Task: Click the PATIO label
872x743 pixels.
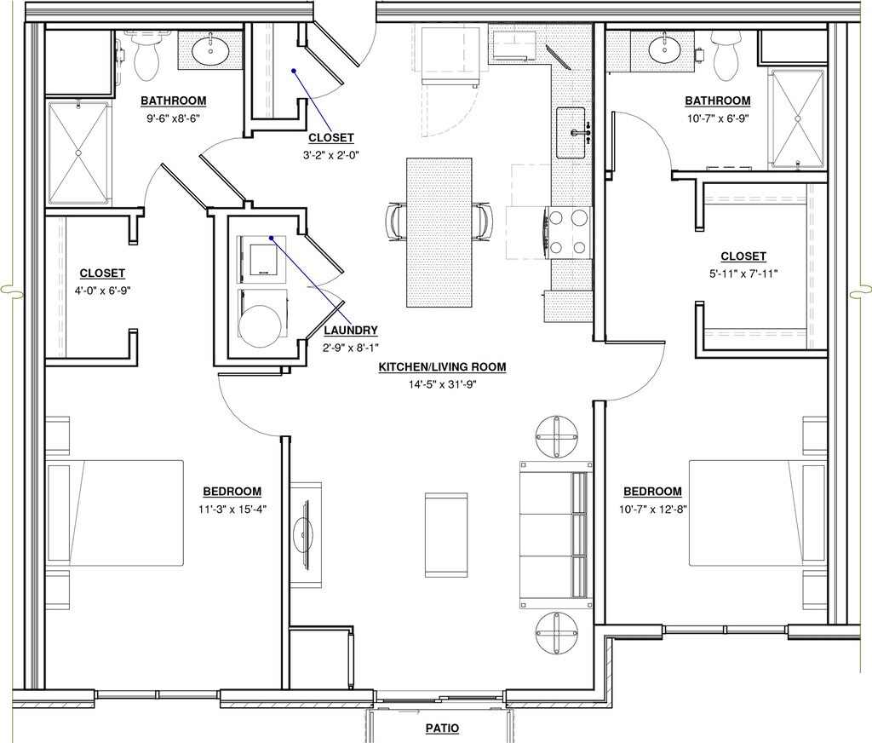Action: tap(442, 728)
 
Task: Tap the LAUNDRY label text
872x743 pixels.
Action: tap(351, 331)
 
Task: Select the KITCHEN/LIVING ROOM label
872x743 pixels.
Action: tap(442, 366)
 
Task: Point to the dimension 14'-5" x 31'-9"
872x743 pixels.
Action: tap(442, 384)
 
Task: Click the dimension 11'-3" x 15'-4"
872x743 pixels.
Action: tap(232, 509)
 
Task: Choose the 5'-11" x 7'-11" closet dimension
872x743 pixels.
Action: tap(743, 274)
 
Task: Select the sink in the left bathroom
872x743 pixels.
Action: tap(210, 51)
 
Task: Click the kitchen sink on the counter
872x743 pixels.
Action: tap(571, 133)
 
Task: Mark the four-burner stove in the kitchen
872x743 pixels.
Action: tap(570, 232)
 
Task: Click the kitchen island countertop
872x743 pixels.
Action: tap(439, 233)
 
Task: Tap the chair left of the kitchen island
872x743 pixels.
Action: tap(396, 222)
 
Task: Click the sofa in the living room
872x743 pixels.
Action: tap(555, 535)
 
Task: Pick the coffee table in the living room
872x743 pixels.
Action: tap(446, 535)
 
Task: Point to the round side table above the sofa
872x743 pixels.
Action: tap(557, 437)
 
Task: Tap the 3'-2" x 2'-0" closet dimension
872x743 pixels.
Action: tap(331, 155)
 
